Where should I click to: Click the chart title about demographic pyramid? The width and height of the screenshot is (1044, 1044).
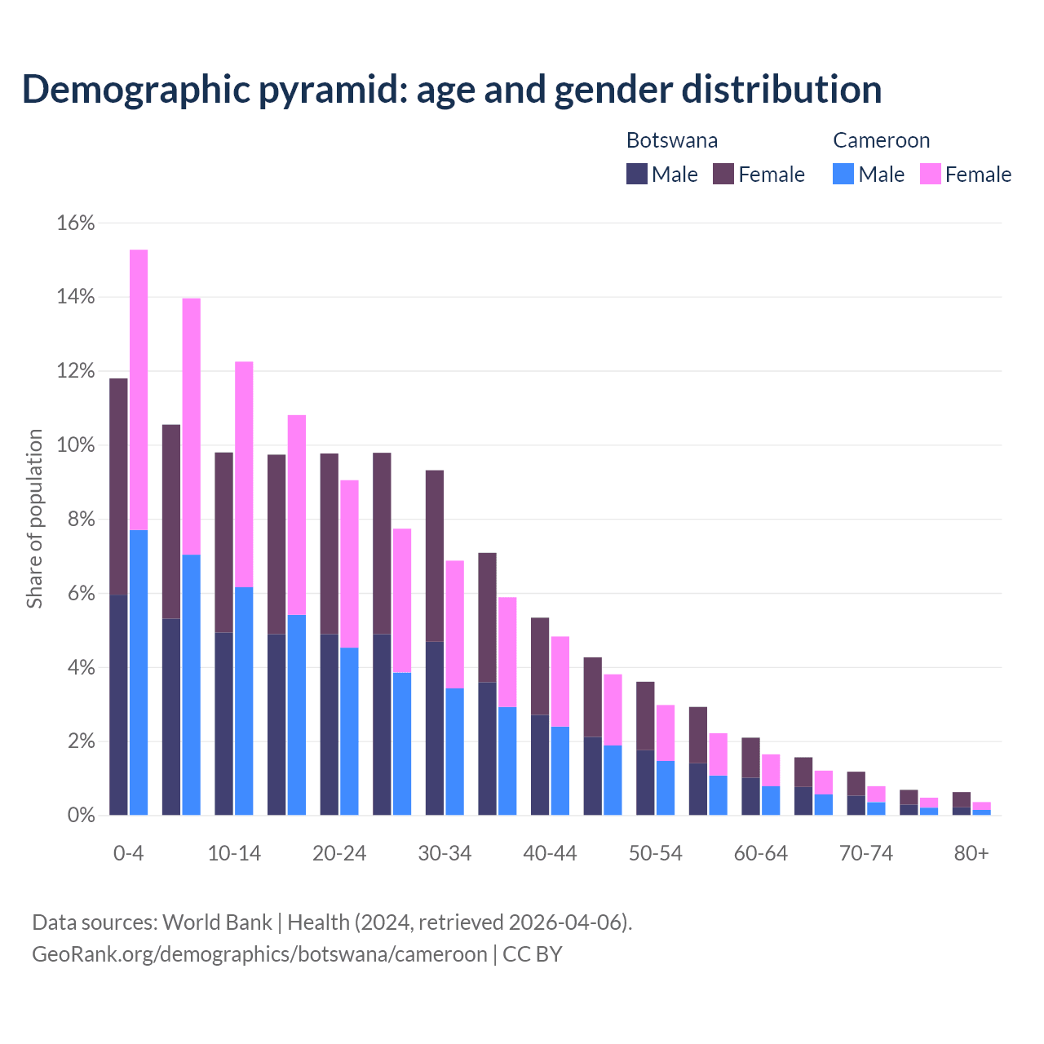tap(451, 90)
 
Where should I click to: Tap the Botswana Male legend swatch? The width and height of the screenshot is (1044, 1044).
tap(637, 174)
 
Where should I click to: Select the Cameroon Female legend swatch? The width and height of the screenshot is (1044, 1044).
tap(931, 174)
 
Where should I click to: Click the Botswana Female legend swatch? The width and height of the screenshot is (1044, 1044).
tap(723, 174)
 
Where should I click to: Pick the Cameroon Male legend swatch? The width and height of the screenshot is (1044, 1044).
tap(843, 174)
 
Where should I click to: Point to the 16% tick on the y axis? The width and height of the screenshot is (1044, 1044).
tap(76, 223)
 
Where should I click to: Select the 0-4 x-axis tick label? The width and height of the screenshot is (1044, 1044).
tap(128, 853)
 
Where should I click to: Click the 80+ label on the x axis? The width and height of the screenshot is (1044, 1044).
tap(971, 853)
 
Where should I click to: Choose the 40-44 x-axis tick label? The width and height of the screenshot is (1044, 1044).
tap(550, 853)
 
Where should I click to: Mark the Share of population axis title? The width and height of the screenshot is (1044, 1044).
tap(34, 519)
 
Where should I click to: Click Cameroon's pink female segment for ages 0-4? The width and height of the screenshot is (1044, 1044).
tap(139, 390)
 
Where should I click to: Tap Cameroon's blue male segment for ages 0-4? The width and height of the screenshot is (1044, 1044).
tap(139, 673)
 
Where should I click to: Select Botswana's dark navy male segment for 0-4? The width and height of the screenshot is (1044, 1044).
tap(118, 706)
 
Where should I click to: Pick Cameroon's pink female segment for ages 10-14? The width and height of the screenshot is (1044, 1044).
tap(244, 474)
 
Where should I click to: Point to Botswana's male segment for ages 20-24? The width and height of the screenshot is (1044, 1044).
tap(329, 724)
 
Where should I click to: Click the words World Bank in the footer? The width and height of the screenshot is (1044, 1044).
tap(217, 922)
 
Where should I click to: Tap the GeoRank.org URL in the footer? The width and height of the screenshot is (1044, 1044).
tap(259, 954)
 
